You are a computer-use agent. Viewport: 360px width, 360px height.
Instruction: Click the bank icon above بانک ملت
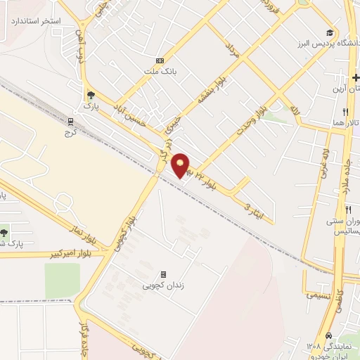click(160, 60)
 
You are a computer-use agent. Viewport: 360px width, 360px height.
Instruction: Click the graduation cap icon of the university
click(329, 32)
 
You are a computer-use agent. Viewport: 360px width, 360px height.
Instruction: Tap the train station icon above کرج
click(70, 120)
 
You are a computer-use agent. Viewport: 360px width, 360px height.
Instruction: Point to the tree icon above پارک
click(90, 95)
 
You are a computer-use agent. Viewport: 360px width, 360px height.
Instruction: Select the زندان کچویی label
click(164, 285)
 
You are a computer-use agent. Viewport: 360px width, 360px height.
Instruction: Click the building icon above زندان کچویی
click(163, 274)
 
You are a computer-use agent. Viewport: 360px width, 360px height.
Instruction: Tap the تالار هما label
click(347, 122)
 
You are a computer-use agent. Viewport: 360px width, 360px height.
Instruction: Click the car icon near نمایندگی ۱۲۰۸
click(329, 336)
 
